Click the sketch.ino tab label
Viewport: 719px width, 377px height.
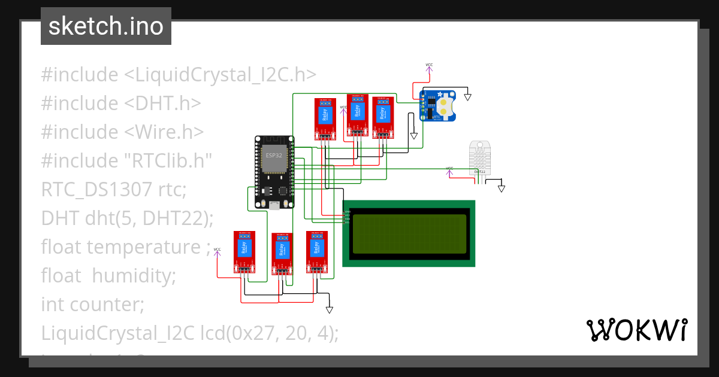(x=106, y=26)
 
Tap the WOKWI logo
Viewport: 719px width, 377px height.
(x=636, y=330)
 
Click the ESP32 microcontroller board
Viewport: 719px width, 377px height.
(x=274, y=172)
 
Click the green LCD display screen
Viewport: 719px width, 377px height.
(x=409, y=233)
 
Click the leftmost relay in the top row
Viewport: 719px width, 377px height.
(x=325, y=117)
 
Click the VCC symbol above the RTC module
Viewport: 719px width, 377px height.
(x=429, y=68)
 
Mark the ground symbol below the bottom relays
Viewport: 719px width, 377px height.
(x=329, y=309)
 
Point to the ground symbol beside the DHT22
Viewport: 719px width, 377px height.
(x=502, y=188)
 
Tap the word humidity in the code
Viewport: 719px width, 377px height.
(x=133, y=275)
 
